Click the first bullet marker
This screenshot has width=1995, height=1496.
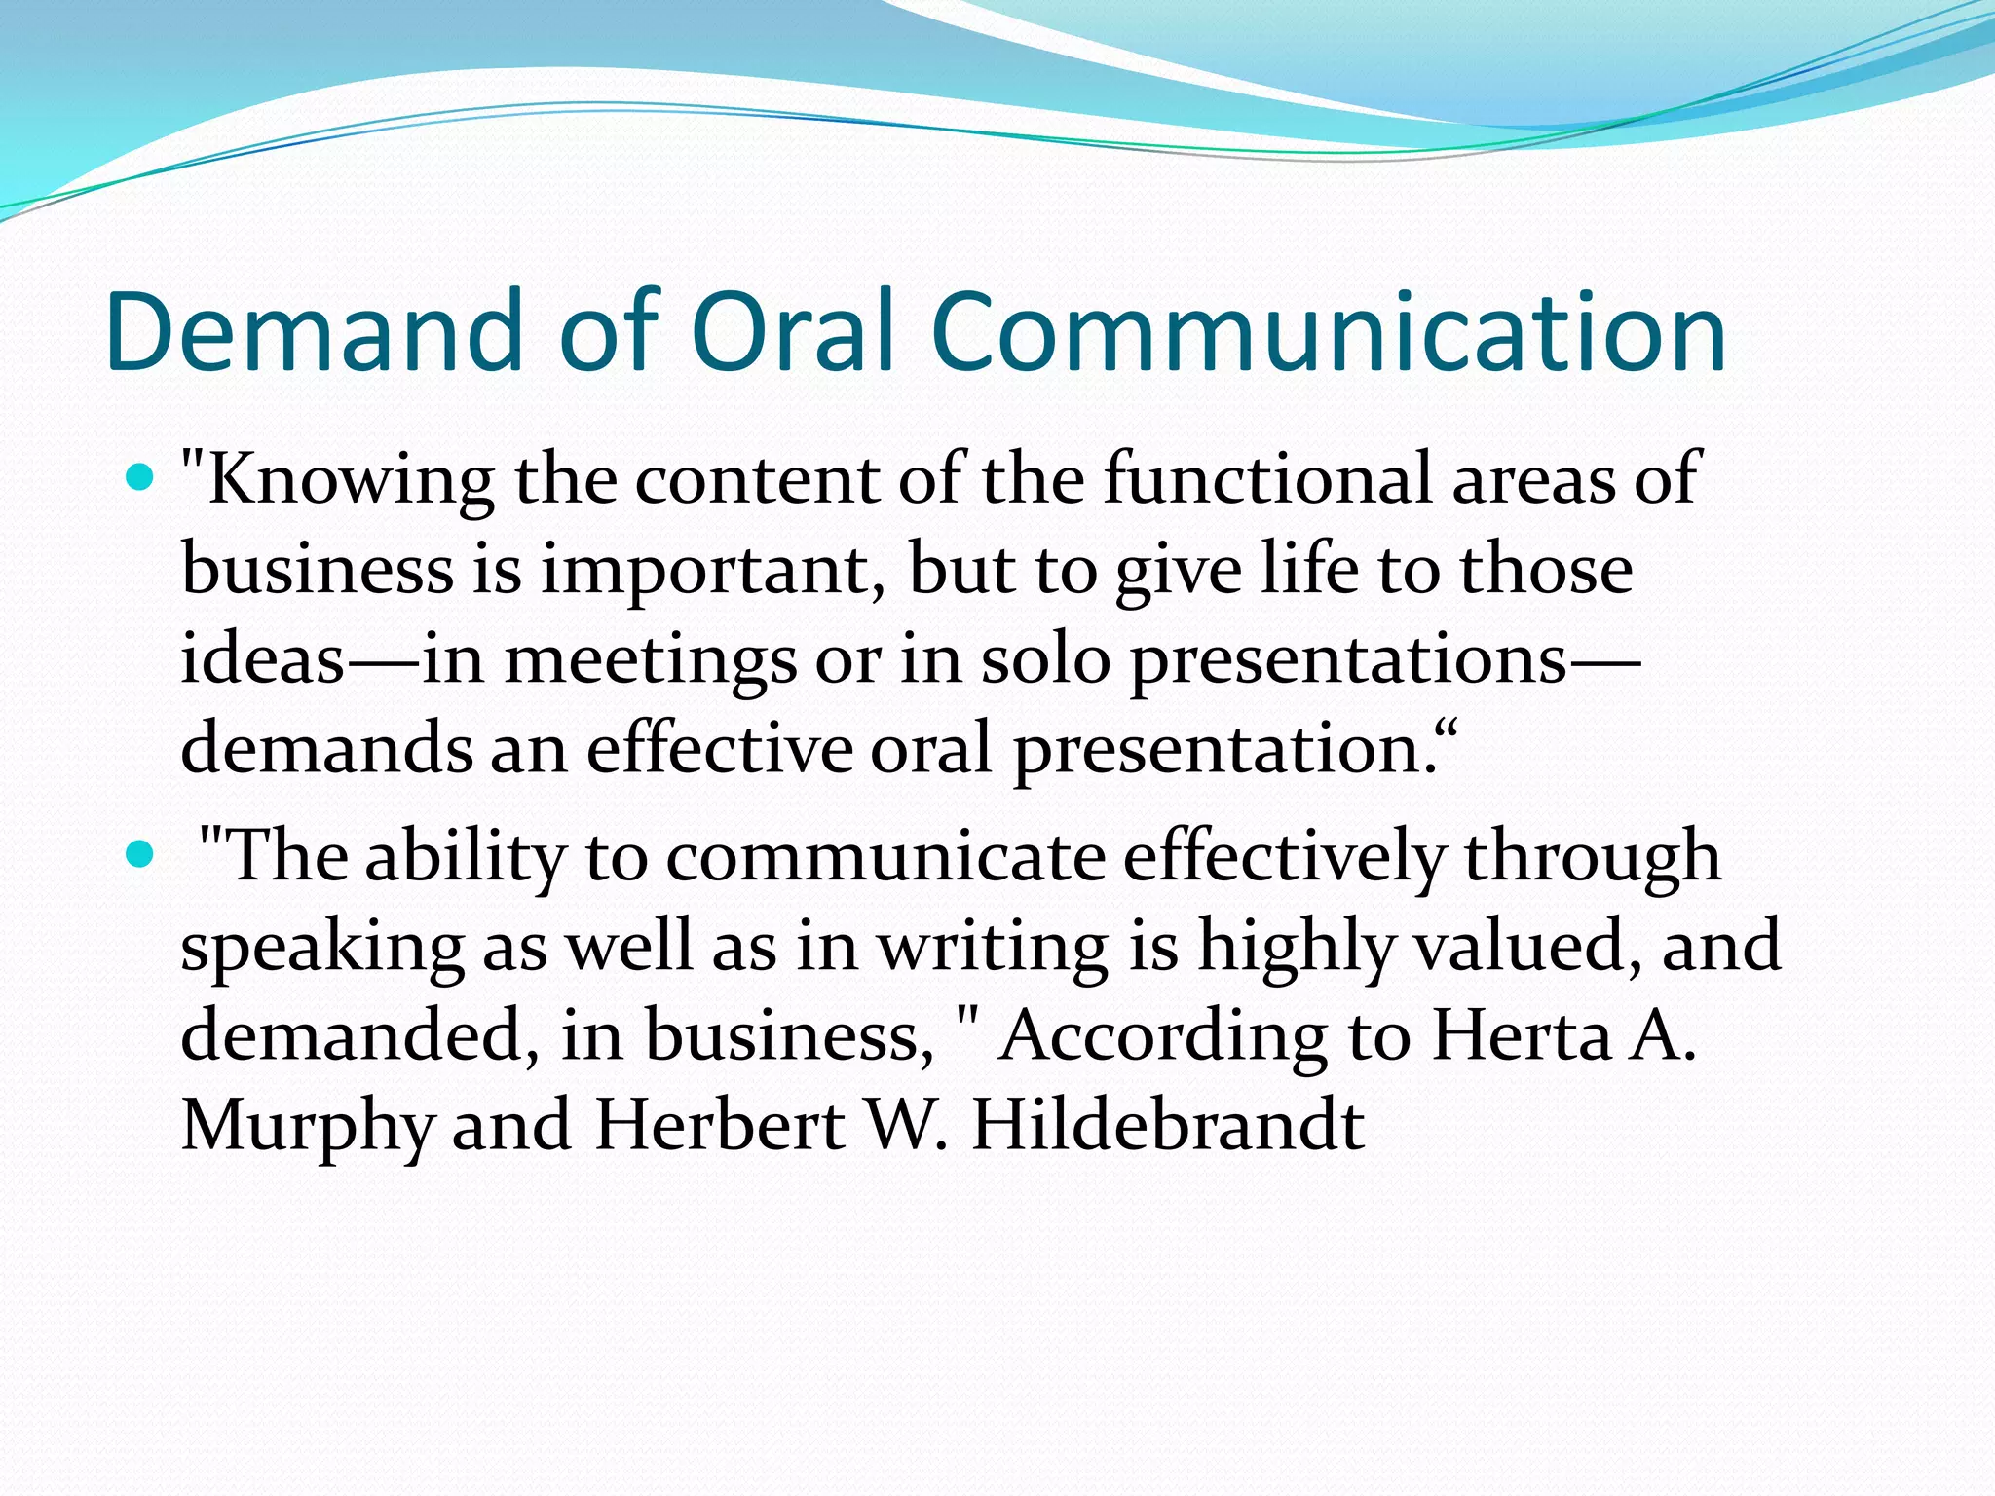(141, 478)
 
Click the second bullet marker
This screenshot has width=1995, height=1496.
(141, 855)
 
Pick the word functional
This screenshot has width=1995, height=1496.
(1266, 479)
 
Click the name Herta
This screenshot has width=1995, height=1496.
(1521, 1034)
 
